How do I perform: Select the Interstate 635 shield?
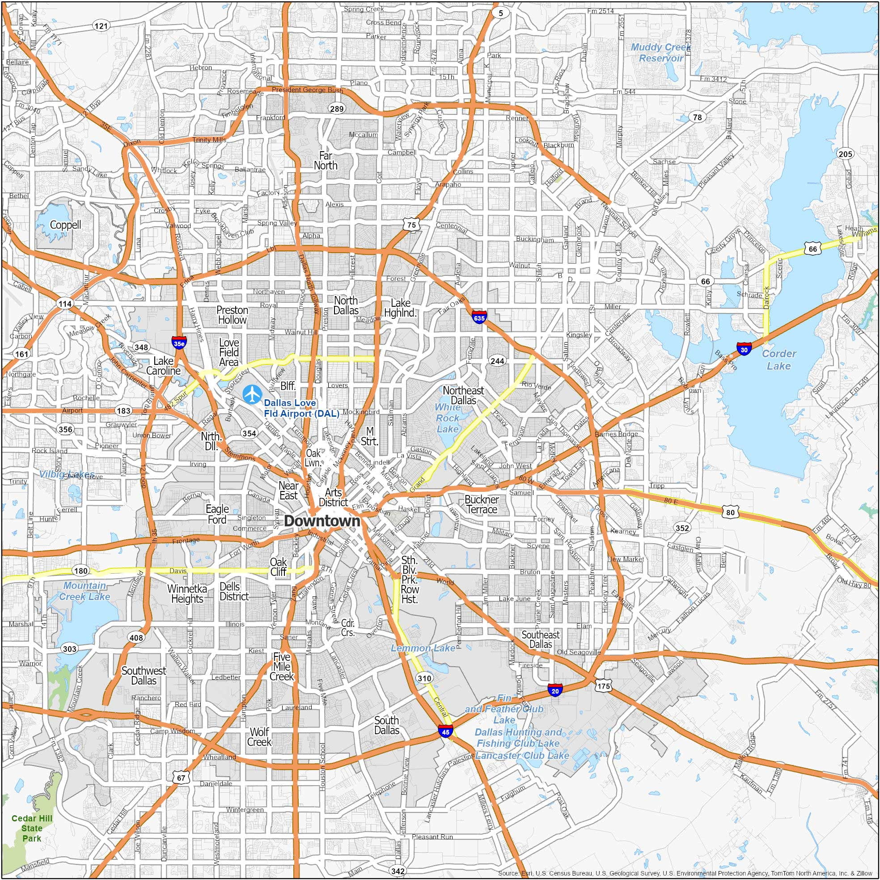pos(479,317)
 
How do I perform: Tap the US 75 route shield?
pos(411,224)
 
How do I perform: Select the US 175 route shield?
pos(604,686)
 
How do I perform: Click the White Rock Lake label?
pos(448,418)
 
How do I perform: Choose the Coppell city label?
pos(66,224)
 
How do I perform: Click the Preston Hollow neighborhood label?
pos(233,315)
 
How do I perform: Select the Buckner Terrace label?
pos(482,504)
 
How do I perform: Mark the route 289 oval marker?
pos(337,108)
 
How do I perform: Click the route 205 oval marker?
pos(845,154)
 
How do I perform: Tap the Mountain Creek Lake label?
pos(85,591)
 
